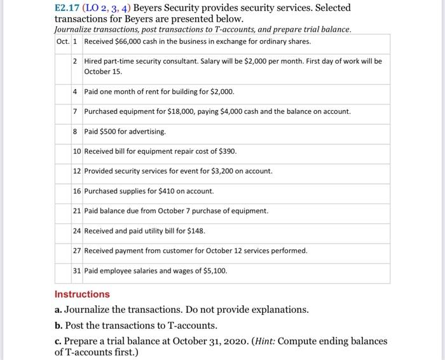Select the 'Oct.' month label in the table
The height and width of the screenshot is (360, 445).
coord(62,41)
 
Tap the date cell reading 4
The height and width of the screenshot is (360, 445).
coord(75,92)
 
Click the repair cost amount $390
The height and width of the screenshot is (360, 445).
coord(227,151)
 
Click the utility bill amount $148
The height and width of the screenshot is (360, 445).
coord(195,231)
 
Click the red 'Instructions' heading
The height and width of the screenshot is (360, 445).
coord(82,294)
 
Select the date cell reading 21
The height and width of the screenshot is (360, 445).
coord(77,211)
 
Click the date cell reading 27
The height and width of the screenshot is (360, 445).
coord(77,251)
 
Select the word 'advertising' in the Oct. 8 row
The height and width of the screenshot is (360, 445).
coord(147,131)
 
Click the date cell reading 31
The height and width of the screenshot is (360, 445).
coord(77,270)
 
